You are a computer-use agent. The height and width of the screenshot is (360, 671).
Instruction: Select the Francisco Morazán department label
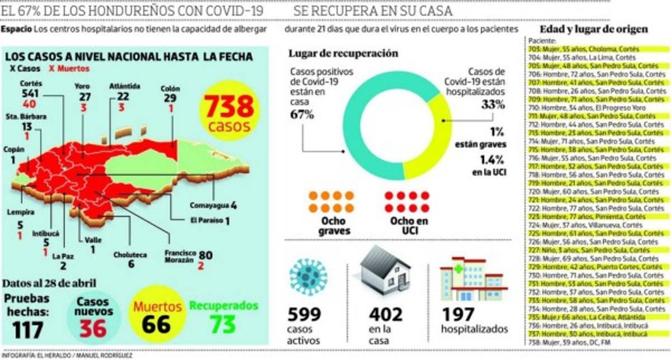(x=179, y=255)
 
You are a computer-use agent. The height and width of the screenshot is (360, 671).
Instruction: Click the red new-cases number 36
(x=92, y=328)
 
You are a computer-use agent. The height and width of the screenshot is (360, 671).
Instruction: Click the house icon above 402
(x=385, y=272)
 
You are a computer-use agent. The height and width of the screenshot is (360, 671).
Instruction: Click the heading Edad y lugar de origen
(x=594, y=29)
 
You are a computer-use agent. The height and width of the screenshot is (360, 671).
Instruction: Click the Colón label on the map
(x=170, y=88)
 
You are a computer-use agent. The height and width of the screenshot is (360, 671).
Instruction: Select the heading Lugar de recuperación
(x=343, y=54)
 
